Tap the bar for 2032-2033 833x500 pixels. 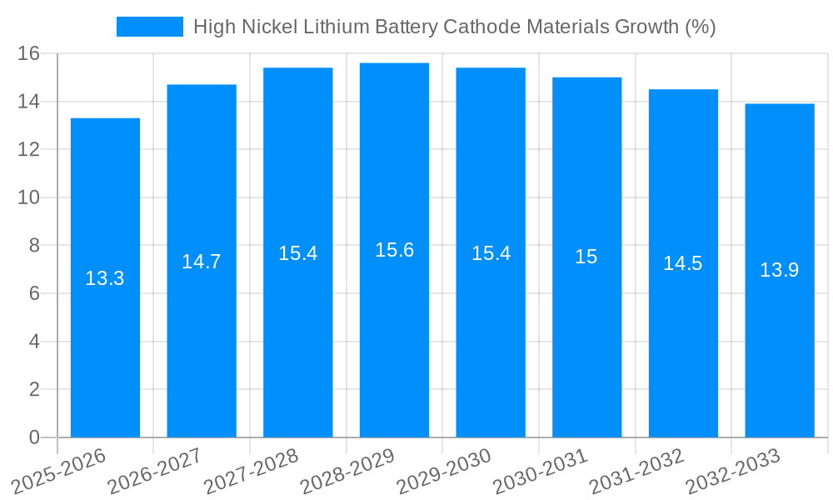(x=780, y=350)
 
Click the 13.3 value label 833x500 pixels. (x=105, y=278)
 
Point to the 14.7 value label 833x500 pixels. (x=202, y=262)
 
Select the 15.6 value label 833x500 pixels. (x=394, y=250)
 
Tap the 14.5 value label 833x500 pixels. (x=683, y=263)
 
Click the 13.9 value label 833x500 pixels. (x=780, y=270)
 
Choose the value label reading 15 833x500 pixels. (x=586, y=257)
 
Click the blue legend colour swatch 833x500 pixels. (x=150, y=27)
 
